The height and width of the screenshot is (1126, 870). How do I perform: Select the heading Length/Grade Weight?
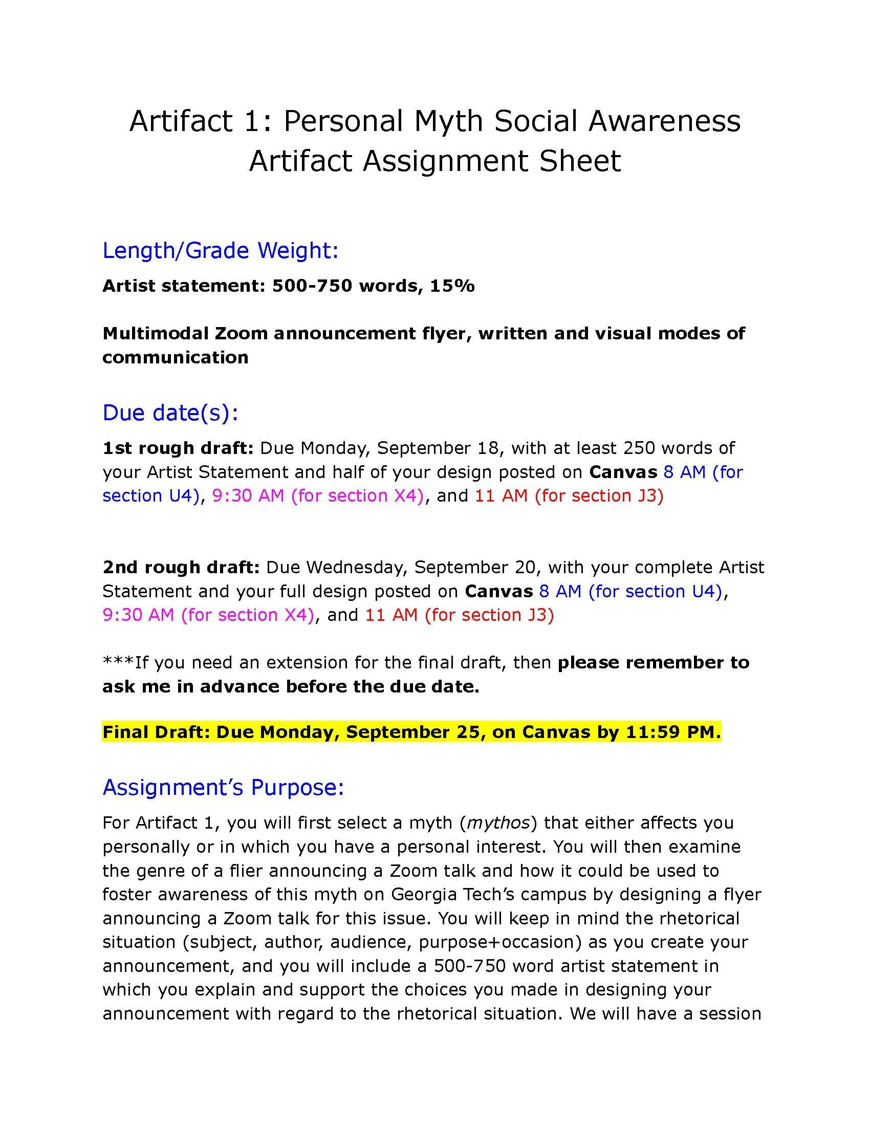pos(220,251)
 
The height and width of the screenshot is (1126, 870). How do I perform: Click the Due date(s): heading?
pos(170,413)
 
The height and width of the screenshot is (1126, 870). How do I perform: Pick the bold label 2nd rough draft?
pos(181,567)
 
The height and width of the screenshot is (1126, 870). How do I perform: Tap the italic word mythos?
pos(498,823)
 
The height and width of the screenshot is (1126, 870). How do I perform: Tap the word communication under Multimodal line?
pos(175,357)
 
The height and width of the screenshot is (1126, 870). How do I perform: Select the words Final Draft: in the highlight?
pos(156,732)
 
